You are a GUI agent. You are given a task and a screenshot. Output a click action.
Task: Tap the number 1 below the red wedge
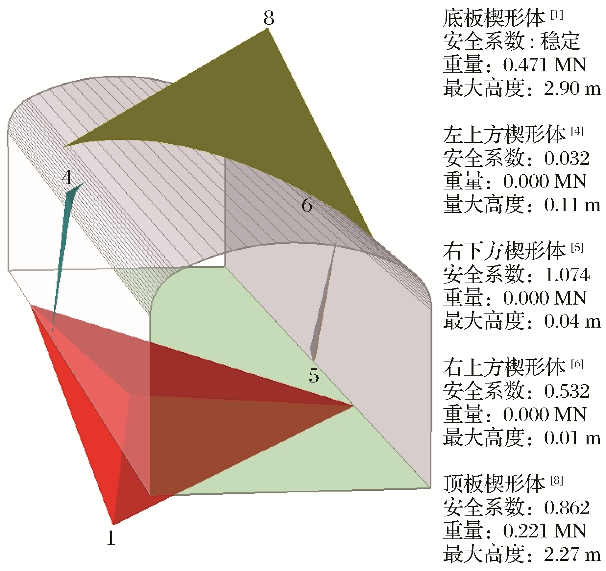click(111, 538)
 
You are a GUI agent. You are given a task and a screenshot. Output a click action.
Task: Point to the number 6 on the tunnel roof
click(307, 206)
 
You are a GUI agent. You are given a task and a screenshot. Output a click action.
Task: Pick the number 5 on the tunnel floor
click(314, 376)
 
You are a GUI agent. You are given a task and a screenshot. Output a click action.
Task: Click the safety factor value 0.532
click(567, 391)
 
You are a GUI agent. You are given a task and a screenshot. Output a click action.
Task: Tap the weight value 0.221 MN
click(545, 531)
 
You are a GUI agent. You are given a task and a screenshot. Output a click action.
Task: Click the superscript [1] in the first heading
click(556, 15)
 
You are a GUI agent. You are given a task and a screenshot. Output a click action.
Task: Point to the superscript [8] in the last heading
click(556, 481)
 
